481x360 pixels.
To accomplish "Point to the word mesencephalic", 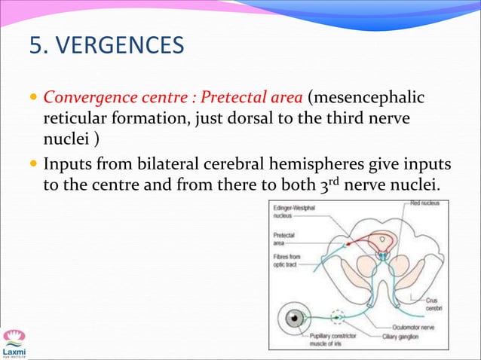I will tap(366, 97).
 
